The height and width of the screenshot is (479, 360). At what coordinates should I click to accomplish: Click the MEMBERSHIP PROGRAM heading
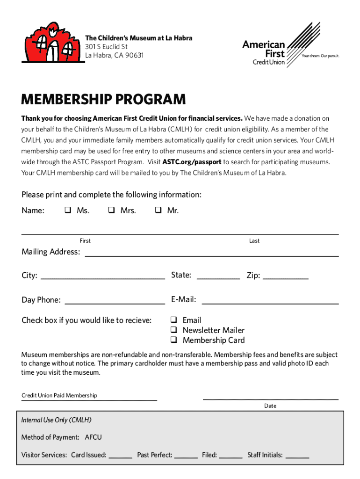click(103, 100)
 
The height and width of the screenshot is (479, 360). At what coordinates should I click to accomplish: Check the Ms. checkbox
click(68, 210)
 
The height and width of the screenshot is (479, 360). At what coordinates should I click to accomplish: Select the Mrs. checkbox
click(112, 210)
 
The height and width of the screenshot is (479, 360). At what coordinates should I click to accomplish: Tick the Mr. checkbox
click(158, 210)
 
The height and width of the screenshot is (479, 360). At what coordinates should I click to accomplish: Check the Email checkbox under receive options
click(173, 320)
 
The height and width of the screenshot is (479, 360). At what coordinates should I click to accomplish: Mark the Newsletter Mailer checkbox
click(173, 330)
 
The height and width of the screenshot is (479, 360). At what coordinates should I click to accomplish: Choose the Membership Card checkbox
click(173, 340)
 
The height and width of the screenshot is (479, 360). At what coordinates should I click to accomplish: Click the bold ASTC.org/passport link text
click(192, 162)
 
